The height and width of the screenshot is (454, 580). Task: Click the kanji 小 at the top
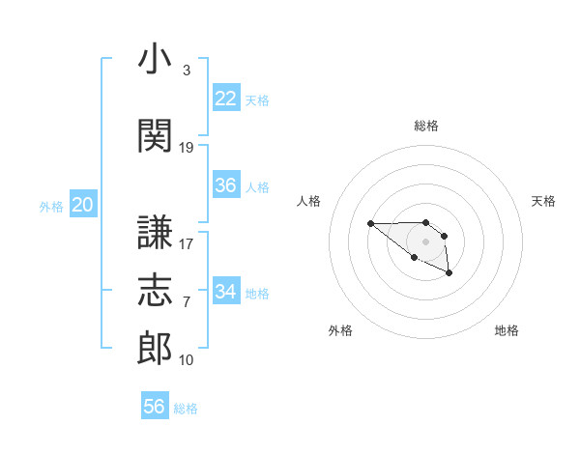pos(155,60)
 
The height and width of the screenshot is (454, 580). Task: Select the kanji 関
pos(155,136)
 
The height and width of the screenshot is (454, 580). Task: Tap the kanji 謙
pos(155,232)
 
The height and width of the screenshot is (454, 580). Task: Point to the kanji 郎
pos(155,349)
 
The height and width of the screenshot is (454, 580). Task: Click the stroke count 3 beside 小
pos(186,71)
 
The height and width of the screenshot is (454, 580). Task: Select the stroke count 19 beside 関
pos(187,148)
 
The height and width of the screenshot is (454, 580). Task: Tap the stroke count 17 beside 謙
pos(187,243)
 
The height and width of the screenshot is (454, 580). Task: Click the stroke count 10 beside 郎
pos(187,360)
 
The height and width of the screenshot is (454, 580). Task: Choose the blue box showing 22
pos(226,98)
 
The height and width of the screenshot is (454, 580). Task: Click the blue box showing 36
pos(226,185)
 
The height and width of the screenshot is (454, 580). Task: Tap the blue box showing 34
pos(226,291)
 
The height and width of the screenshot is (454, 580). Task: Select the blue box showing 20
pos(83,204)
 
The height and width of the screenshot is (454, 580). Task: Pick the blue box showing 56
pos(155,407)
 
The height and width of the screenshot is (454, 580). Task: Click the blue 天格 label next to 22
pos(257,99)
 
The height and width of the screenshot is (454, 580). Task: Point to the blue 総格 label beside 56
pos(186,409)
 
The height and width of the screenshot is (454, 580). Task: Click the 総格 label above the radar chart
pos(426,126)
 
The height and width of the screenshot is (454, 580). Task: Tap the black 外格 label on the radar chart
pos(340,330)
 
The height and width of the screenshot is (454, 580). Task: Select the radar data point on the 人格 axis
pos(370,223)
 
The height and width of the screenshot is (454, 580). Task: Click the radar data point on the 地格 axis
pos(449,274)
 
